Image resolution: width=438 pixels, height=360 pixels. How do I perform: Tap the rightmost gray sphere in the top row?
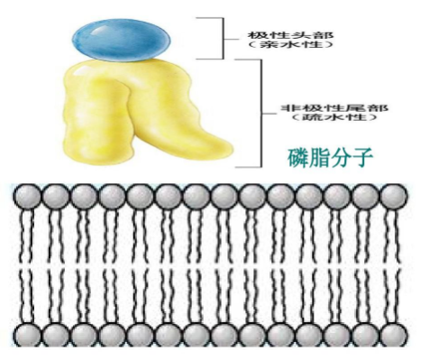point(394,195)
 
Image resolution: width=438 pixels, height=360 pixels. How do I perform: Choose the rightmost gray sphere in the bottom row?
point(394,336)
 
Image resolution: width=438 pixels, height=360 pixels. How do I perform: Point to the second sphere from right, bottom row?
point(366,336)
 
